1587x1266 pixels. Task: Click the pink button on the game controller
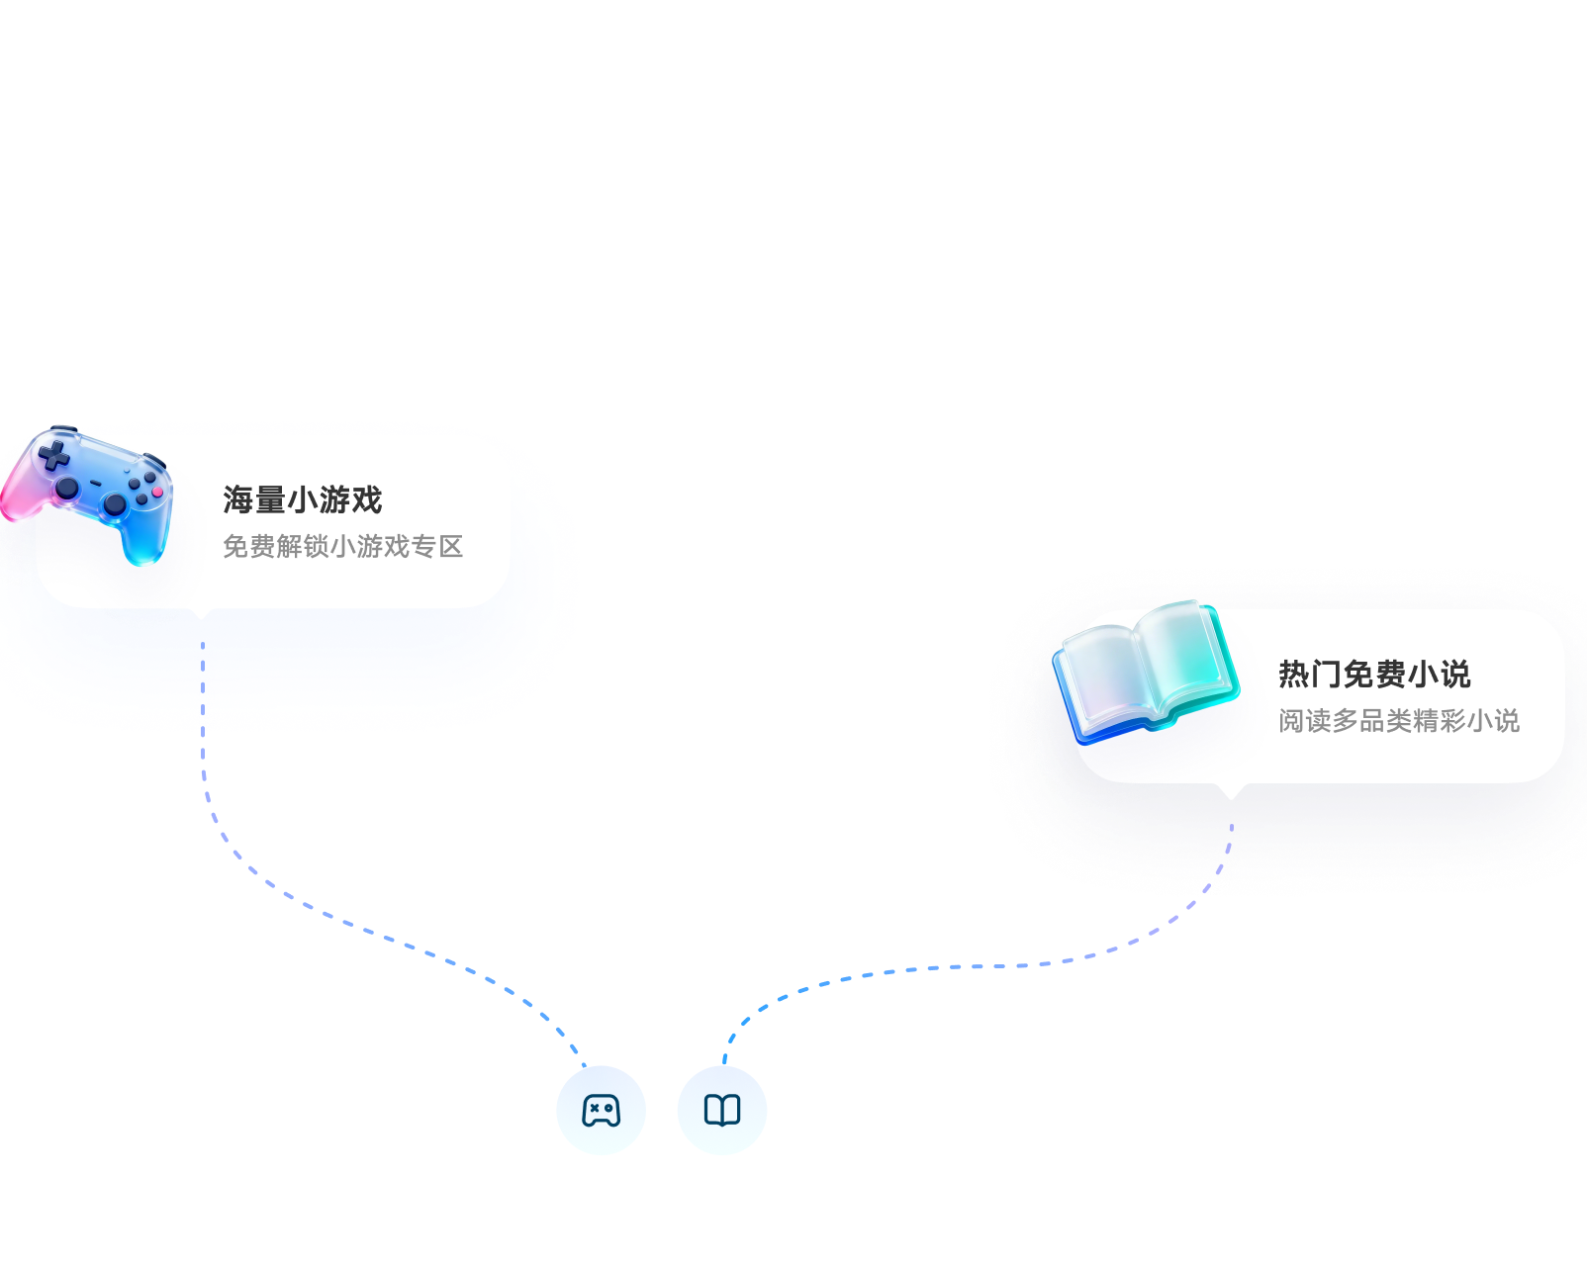tap(156, 492)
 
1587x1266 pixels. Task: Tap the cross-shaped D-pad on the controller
tap(53, 456)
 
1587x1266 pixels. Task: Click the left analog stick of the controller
tap(67, 489)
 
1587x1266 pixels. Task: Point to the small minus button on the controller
tap(96, 484)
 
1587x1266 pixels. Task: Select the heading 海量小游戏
tap(302, 499)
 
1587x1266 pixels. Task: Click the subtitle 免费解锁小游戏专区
tap(342, 546)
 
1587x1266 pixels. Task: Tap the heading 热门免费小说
tap(1373, 675)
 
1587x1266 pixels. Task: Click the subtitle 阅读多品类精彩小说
tap(1398, 720)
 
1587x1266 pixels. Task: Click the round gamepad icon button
tap(602, 1111)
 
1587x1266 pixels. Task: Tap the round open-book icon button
tap(722, 1111)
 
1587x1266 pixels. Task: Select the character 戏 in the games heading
tap(366, 499)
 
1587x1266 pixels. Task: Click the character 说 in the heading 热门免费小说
tap(1455, 675)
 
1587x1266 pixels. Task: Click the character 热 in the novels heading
tap(1294, 675)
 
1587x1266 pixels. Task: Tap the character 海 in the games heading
tap(238, 499)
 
